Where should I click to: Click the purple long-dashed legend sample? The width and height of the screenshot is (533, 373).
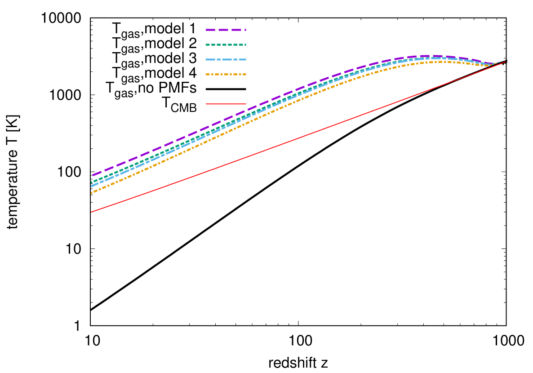pyautogui.click(x=226, y=30)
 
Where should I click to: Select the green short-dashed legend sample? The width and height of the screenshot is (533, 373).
pyautogui.click(x=226, y=44)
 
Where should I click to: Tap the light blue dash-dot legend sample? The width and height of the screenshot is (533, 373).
pyautogui.click(x=226, y=59)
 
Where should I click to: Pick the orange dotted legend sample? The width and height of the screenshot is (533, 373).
pyautogui.click(x=226, y=74)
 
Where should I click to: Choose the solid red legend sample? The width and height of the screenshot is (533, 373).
pyautogui.click(x=226, y=104)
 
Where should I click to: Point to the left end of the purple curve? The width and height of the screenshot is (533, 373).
pyautogui.click(x=92, y=176)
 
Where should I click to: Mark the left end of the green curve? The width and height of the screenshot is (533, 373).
pyautogui.click(x=92, y=182)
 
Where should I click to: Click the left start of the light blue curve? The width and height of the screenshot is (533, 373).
pyautogui.click(x=92, y=186)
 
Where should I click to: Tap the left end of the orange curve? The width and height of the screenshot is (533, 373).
pyautogui.click(x=92, y=193)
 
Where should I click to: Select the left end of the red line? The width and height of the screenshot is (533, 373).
pyautogui.click(x=91, y=212)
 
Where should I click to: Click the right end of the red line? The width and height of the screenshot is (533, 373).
pyautogui.click(x=506, y=62)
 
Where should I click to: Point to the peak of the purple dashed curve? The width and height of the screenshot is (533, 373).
pyautogui.click(x=427, y=55)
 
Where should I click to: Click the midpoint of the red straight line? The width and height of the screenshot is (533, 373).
pyautogui.click(x=299, y=137)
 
